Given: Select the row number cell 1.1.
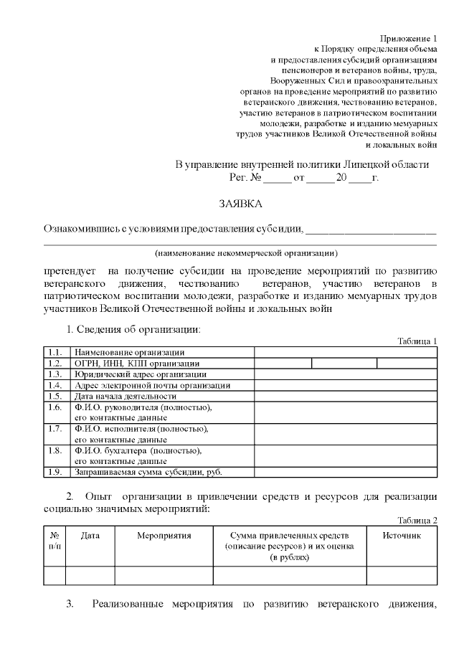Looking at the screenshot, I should tap(55, 352).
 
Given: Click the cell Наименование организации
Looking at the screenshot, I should tap(129, 352).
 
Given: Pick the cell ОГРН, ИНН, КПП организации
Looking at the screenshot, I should tap(133, 364).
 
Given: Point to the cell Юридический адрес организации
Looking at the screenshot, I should tap(141, 374).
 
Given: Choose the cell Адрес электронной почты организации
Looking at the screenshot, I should tap(153, 385).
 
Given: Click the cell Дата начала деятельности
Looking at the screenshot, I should tap(126, 396).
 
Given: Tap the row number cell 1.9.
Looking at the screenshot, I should tap(55, 472).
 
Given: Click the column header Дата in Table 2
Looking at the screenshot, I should tap(90, 536).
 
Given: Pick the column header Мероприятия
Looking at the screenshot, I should tap(164, 536).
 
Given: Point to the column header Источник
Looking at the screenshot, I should tap(401, 536).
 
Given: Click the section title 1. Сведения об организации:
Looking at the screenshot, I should tap(133, 329).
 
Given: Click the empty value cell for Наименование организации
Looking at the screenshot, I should tap(345, 352).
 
